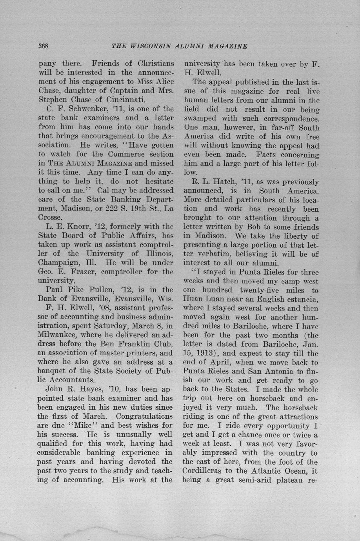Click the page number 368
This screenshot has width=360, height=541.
pos(43,46)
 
